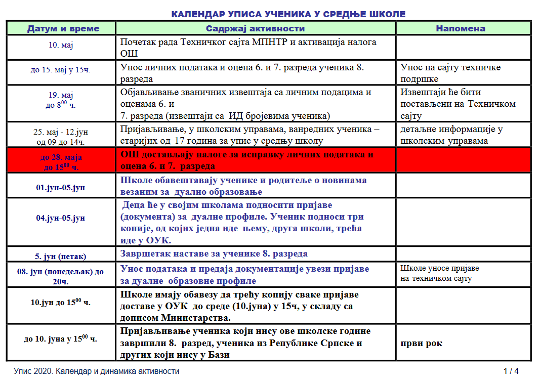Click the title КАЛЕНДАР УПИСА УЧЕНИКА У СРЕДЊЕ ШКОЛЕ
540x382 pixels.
[x=288, y=14]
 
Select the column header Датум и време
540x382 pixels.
[x=63, y=28]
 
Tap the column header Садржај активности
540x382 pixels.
[x=256, y=28]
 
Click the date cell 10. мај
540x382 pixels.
[x=61, y=46]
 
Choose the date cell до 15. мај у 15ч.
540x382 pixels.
[x=60, y=70]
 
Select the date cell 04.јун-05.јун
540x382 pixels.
[x=60, y=218]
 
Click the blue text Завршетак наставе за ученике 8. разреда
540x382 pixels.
[x=214, y=253]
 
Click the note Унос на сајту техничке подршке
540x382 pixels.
[x=450, y=73]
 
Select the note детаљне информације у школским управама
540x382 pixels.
[x=451, y=135]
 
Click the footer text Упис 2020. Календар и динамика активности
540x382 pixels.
[x=97, y=371]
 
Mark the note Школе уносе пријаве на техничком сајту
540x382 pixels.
[x=439, y=273]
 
